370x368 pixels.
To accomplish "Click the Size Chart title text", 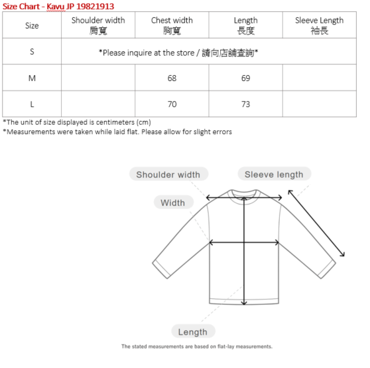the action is pyautogui.click(x=58, y=6).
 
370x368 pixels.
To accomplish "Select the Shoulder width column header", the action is pyautogui.click(x=98, y=25).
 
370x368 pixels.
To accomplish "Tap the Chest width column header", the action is pyautogui.click(x=172, y=25).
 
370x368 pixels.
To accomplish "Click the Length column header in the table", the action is pyautogui.click(x=245, y=25).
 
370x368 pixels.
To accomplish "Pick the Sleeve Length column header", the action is pyautogui.click(x=319, y=25).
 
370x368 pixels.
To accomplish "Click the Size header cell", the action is pyautogui.click(x=32, y=25).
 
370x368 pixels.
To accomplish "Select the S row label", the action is pyautogui.click(x=32, y=52).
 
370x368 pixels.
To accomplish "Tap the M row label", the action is pyautogui.click(x=32, y=78).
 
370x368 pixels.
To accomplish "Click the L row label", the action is pyautogui.click(x=32, y=104).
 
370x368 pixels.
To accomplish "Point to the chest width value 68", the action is pyautogui.click(x=172, y=78).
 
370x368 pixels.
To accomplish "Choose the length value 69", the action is pyautogui.click(x=245, y=78).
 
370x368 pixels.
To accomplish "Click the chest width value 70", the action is pyautogui.click(x=172, y=104).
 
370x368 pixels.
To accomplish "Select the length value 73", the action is pyautogui.click(x=245, y=104).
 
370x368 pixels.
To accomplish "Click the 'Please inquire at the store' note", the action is pyautogui.click(x=178, y=52).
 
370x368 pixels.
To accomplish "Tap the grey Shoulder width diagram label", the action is pyautogui.click(x=168, y=175).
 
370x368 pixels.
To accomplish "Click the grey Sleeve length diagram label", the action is pyautogui.click(x=274, y=175).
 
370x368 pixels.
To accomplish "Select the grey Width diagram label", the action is pyautogui.click(x=172, y=203).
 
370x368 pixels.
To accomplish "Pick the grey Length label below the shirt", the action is pyautogui.click(x=193, y=331).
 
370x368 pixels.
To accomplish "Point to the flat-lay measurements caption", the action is pyautogui.click(x=196, y=347).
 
